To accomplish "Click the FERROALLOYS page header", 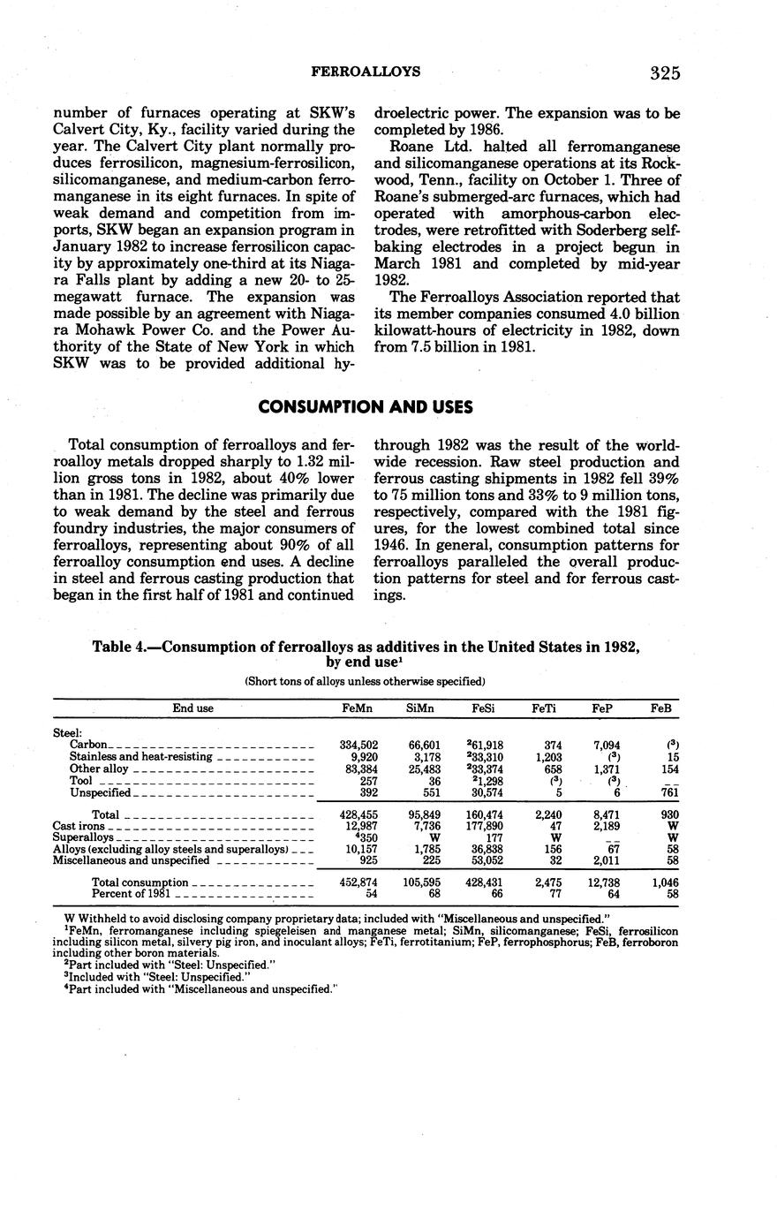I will (x=366, y=72).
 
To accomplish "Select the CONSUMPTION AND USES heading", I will (x=366, y=407).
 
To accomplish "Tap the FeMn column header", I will (x=358, y=708).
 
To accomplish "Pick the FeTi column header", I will (x=544, y=708).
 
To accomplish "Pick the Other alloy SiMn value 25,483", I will (x=423, y=768).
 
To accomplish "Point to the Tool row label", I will (x=80, y=781).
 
